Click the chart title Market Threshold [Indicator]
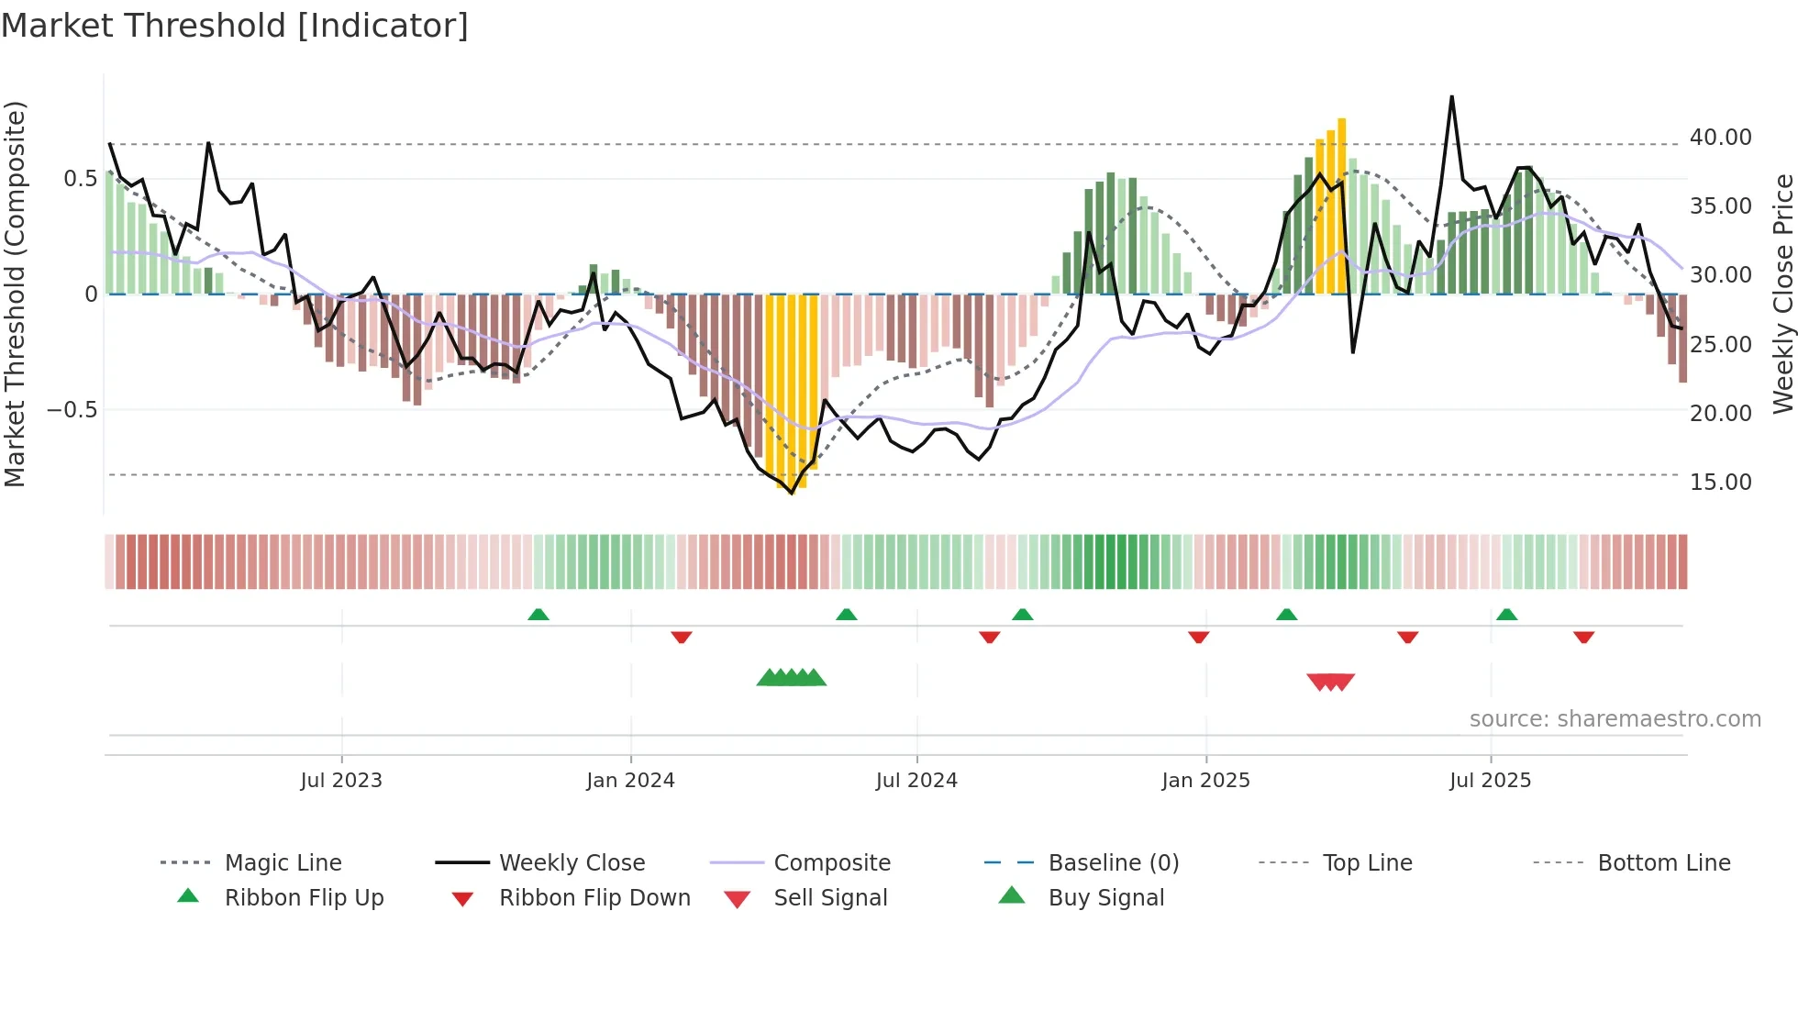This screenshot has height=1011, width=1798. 235,26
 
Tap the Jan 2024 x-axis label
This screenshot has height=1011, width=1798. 630,781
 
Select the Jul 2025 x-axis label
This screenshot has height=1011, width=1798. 1490,781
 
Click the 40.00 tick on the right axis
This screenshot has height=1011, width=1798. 1720,138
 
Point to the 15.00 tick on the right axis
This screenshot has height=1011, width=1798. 1720,483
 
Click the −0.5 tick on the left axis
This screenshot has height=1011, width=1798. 72,409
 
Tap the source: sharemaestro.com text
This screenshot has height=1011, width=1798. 1615,719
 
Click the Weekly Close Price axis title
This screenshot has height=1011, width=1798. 1782,294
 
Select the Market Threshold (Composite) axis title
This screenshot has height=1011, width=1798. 15,294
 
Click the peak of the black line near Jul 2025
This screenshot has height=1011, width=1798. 1451,97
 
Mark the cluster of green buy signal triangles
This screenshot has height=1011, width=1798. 791,678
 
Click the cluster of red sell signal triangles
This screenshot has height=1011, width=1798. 1330,682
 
